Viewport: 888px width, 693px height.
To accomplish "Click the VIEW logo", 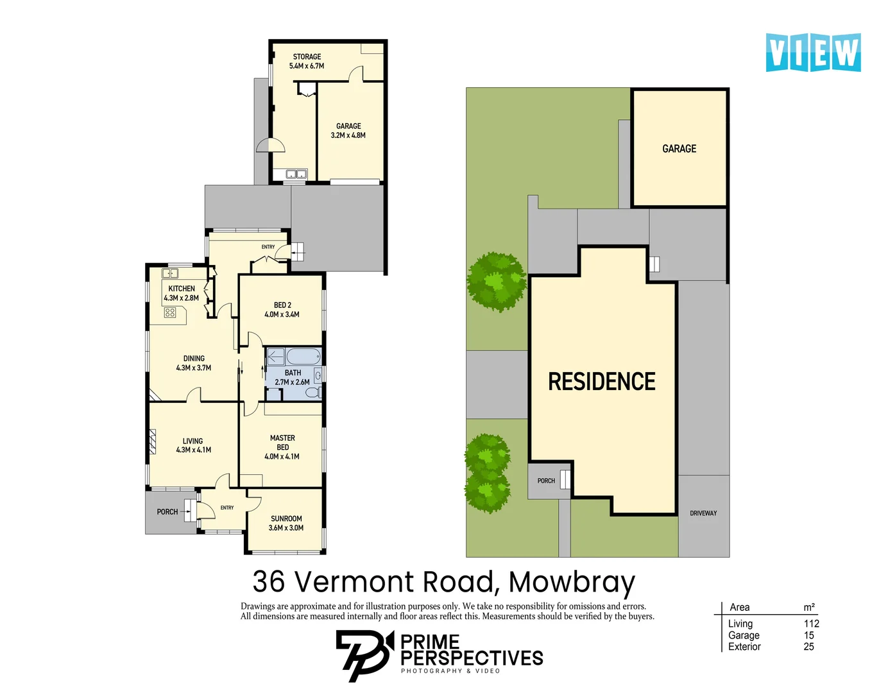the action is [813, 53].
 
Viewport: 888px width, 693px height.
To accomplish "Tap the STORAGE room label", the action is [307, 57].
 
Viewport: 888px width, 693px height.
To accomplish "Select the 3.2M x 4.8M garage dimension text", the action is [348, 135].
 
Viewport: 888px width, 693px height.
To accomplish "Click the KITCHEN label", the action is [182, 289].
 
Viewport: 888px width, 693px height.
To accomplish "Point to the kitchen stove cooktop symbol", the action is [170, 313].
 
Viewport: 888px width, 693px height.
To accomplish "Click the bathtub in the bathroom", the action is [303, 356].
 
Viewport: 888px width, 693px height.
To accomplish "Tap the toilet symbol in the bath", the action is [314, 393].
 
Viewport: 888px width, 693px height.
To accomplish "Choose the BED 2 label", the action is [282, 305].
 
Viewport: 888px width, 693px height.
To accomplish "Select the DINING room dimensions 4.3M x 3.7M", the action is [193, 368].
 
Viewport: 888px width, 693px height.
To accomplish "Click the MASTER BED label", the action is [282, 442].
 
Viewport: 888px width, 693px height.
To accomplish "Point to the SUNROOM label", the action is [286, 518].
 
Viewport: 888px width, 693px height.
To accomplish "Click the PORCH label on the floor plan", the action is [167, 511].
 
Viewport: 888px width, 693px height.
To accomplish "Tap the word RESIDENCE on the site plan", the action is [602, 381].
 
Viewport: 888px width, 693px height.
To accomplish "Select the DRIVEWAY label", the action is [703, 513].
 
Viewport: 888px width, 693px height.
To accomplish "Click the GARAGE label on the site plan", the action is [679, 149].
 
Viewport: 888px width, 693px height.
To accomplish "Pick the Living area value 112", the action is [811, 624].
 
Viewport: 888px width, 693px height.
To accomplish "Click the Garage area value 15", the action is [808, 635].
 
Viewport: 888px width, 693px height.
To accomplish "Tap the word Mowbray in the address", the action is [572, 583].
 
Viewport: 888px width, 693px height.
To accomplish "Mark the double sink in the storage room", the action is [296, 174].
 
